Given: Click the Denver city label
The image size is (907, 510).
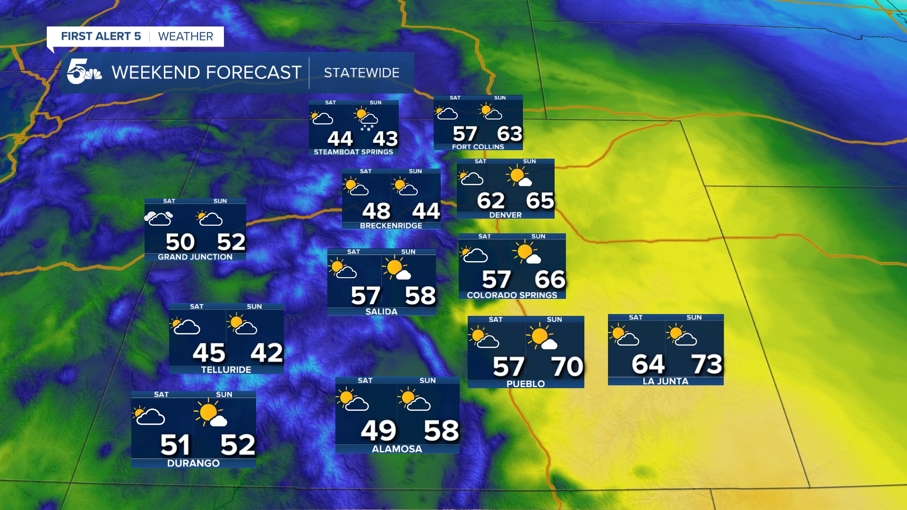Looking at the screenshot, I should (505, 215).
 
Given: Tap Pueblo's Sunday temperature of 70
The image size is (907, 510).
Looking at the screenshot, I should (567, 366).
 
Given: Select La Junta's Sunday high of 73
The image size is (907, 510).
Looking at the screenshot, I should (707, 364).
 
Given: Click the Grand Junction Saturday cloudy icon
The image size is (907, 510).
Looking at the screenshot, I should (159, 218).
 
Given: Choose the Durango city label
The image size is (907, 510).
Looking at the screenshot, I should (193, 463).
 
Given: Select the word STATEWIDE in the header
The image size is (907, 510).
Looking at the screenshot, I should (361, 73).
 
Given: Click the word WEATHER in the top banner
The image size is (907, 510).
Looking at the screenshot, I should (186, 36).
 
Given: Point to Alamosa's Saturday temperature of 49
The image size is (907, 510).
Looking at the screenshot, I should (378, 430).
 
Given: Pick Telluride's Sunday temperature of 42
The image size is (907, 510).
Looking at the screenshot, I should (266, 353).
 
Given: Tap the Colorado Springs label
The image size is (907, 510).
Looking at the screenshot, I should (512, 295).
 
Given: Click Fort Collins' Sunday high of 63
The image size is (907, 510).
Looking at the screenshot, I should (509, 134).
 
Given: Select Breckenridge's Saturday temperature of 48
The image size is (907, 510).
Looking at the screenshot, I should (376, 211).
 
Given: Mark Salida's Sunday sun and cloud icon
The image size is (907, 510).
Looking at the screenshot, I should (397, 268).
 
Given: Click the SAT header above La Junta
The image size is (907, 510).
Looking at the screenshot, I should (635, 317).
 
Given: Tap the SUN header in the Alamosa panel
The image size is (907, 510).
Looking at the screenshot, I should (428, 381).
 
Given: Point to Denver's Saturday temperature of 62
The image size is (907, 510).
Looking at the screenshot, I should (491, 201).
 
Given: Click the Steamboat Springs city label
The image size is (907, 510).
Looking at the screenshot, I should (353, 152).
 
